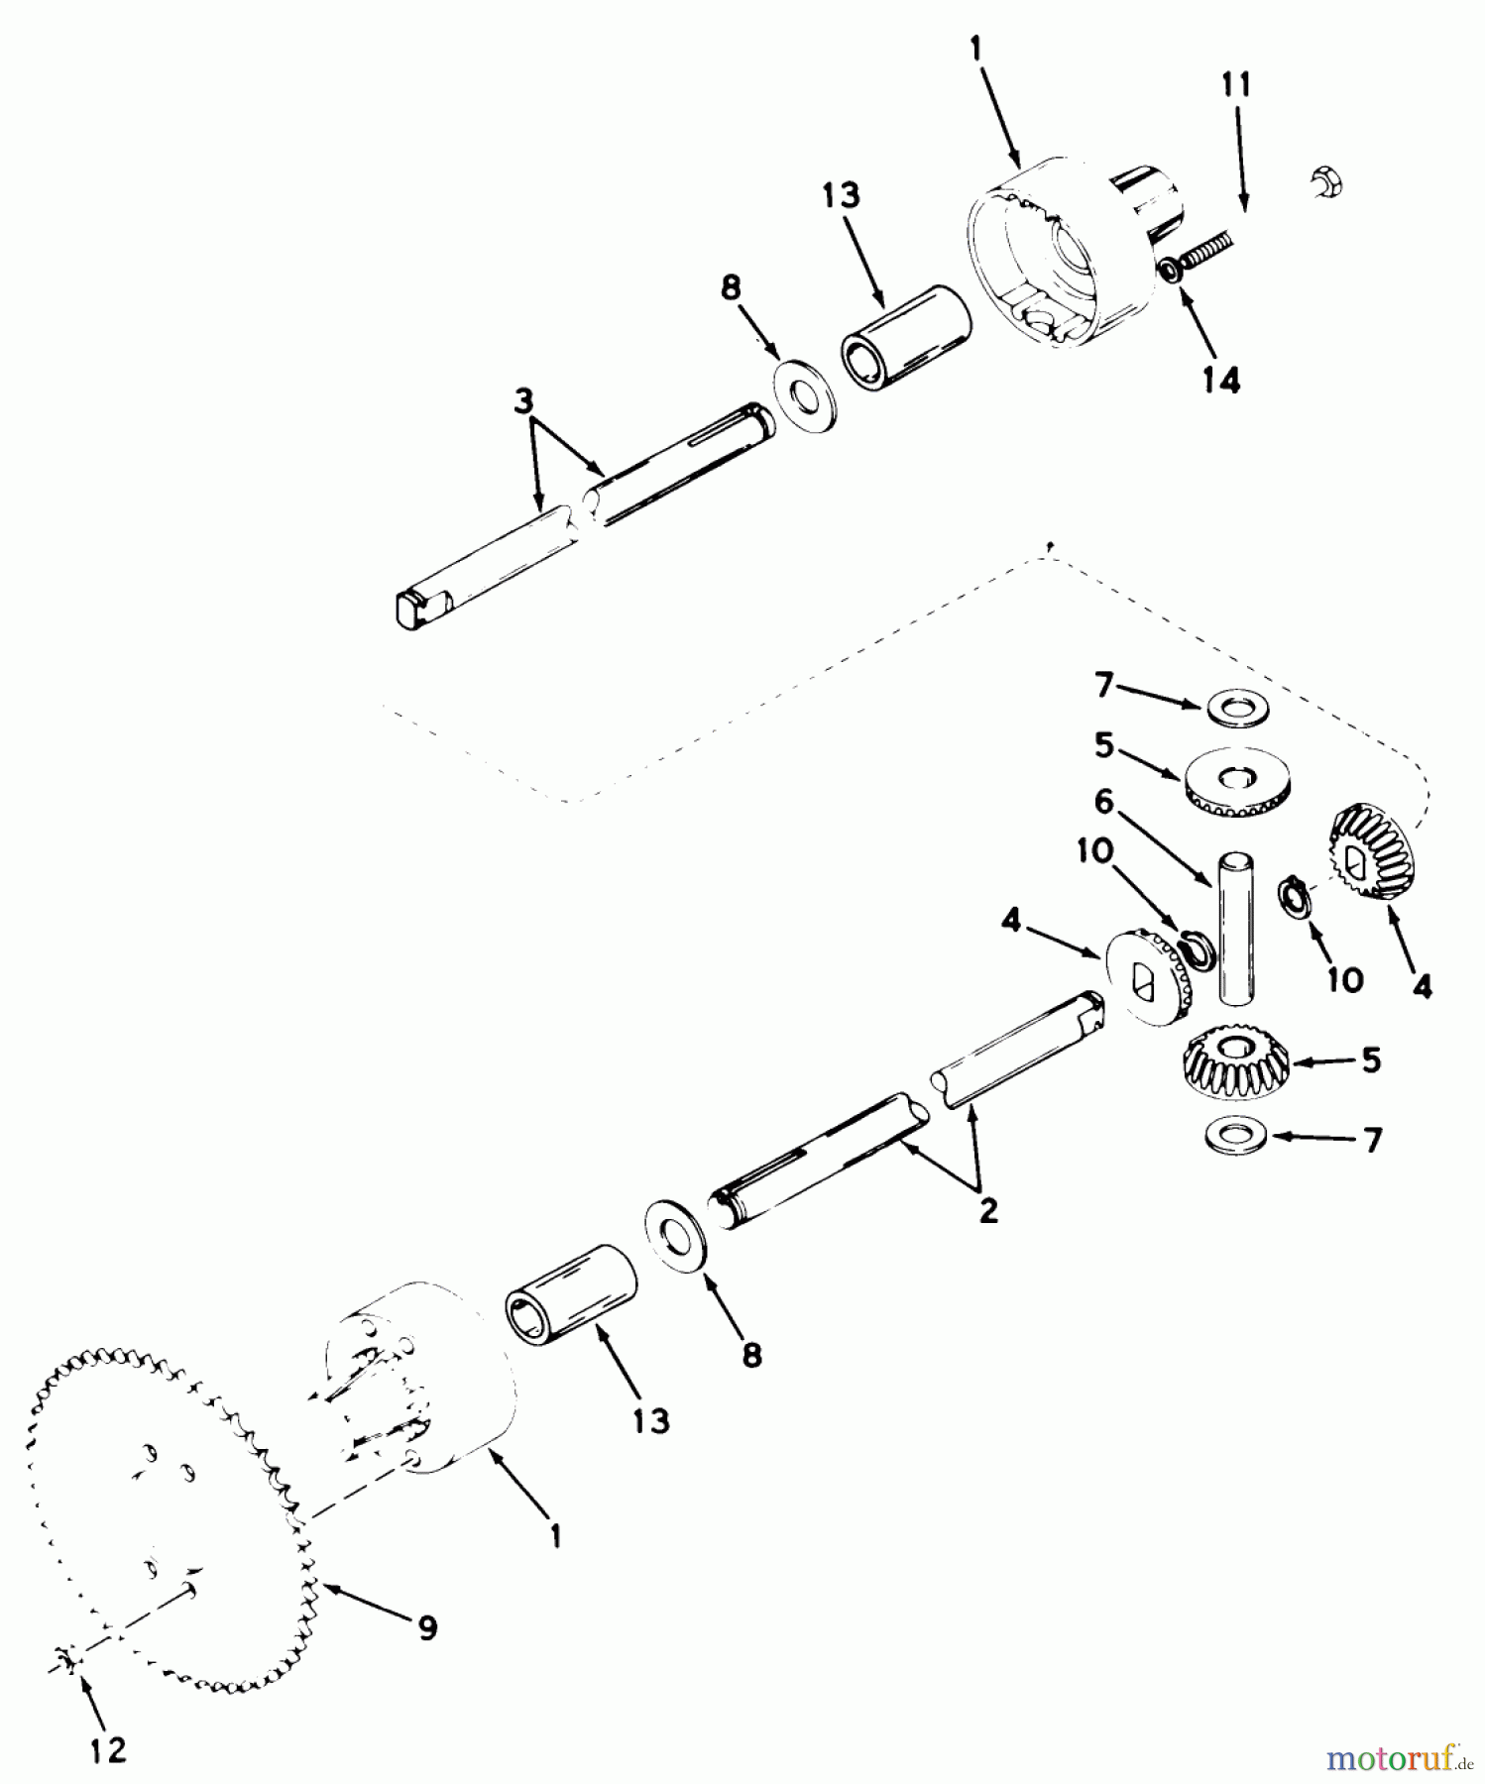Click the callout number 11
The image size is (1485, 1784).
point(1234,85)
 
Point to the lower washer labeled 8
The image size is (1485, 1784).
point(676,1231)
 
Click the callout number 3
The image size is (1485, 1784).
point(523,401)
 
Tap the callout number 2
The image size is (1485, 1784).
point(987,1210)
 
